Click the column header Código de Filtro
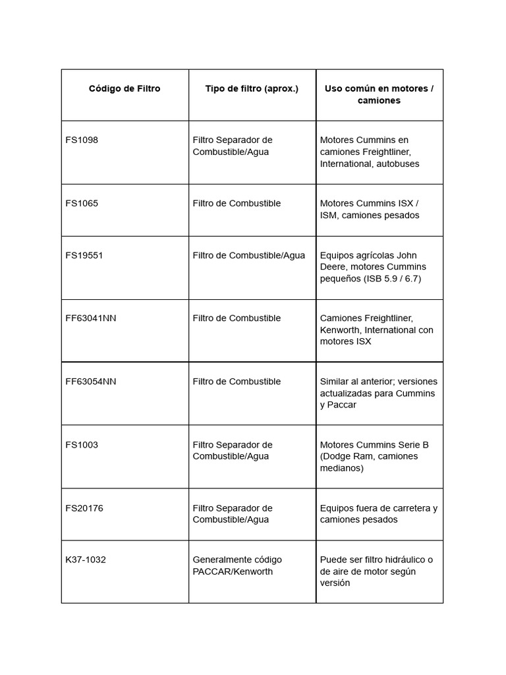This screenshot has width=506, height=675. pyautogui.click(x=125, y=89)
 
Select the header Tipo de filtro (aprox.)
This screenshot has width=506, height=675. pyautogui.click(x=252, y=89)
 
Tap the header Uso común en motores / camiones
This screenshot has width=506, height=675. pyautogui.click(x=379, y=95)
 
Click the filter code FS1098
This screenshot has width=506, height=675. pyautogui.click(x=82, y=140)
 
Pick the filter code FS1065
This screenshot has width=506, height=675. pyautogui.click(x=82, y=204)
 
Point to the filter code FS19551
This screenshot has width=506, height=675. pyautogui.click(x=84, y=256)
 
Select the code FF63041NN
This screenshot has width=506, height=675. pyautogui.click(x=91, y=318)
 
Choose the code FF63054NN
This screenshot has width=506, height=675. pyautogui.click(x=91, y=382)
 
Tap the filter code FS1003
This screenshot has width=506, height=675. pyautogui.click(x=82, y=445)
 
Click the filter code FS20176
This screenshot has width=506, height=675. pyautogui.click(x=84, y=508)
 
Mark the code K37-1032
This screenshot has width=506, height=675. pyautogui.click(x=86, y=560)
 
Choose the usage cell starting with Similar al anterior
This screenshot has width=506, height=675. pyautogui.click(x=379, y=394)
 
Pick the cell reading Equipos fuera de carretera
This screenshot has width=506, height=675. pyautogui.click(x=379, y=514)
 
